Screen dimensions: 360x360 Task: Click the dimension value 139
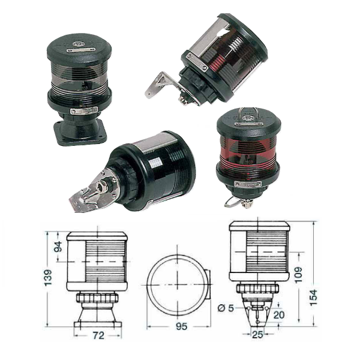[x=49, y=277]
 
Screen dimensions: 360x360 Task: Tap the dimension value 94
[x=59, y=247]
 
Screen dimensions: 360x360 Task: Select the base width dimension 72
[x=98, y=335]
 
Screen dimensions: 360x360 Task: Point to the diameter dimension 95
[x=181, y=326]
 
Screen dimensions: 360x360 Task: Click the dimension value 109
[x=298, y=275]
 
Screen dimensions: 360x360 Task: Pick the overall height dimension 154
[x=313, y=298]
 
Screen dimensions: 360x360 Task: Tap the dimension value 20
[x=279, y=315]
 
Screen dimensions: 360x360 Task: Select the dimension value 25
[x=257, y=335]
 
